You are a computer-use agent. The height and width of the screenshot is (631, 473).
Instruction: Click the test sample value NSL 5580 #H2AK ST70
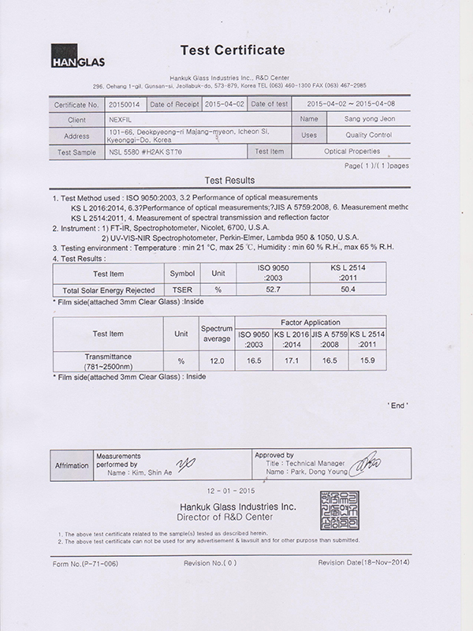tap(147, 151)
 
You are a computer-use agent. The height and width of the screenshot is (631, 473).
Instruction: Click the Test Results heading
tap(228, 180)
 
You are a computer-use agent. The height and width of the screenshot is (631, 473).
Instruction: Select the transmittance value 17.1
tap(292, 360)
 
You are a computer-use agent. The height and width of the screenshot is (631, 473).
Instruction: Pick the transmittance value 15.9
tap(368, 360)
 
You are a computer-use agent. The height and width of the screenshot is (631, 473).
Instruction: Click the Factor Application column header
tap(311, 323)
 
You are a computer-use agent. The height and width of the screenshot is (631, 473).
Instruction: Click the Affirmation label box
tap(72, 466)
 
